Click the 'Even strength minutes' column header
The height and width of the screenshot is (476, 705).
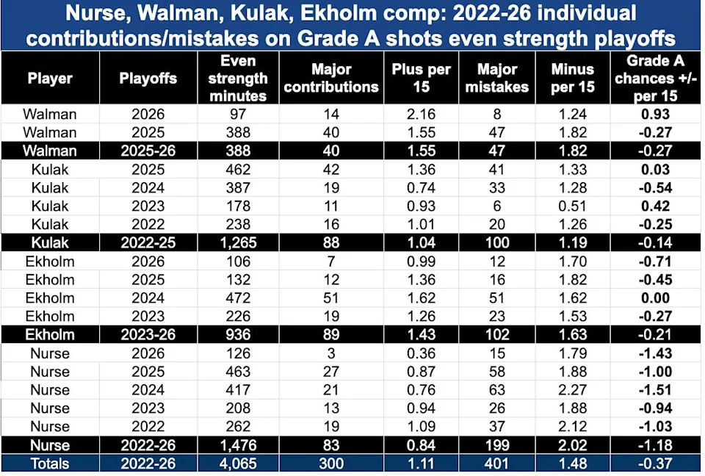pos(238,79)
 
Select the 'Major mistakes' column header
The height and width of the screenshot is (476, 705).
pos(497,78)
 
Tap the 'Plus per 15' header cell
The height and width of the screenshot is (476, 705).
pos(421,78)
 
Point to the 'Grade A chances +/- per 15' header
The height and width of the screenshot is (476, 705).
pos(655,79)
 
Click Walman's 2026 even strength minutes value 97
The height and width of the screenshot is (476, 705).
pos(238,115)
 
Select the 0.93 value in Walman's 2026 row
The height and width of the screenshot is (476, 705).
pos(655,115)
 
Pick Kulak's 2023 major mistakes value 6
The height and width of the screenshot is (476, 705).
pos(497,206)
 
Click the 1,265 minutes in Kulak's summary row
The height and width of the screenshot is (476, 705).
pos(238,243)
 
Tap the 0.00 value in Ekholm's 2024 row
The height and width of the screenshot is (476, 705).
pos(655,297)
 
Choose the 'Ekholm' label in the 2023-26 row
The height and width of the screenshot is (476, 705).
pos(50,335)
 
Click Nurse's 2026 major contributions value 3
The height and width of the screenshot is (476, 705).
pos(331,353)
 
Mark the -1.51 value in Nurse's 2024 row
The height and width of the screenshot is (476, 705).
pos(655,390)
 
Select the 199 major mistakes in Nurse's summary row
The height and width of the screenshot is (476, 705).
pos(497,445)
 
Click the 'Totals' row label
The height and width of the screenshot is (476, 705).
pos(50,464)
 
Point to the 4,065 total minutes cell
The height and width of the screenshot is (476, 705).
pos(238,464)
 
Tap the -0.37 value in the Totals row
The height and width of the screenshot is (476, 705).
pos(655,464)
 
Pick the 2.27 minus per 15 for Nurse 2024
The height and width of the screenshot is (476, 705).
pos(572,390)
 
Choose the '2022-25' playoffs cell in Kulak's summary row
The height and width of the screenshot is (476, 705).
pos(148,243)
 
